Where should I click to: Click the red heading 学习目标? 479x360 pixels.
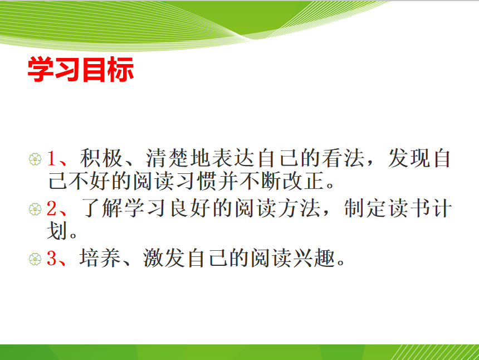81,69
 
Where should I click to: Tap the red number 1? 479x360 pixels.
52,159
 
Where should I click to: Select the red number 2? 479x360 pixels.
52,208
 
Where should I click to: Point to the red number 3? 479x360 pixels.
52,258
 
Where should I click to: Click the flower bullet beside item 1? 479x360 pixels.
35,159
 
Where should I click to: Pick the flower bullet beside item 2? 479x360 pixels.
35,210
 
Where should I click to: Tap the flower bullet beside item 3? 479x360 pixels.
35,259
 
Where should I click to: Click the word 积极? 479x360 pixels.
101,158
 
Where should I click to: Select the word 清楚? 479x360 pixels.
168,158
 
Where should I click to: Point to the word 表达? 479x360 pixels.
233,158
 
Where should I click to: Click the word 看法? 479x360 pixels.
343,158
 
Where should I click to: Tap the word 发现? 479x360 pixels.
409,158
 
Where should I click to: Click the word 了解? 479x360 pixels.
101,208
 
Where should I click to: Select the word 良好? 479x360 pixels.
189,208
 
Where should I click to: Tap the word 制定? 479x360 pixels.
366,208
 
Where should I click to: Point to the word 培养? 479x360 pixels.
100,258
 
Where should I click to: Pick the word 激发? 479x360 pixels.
164,258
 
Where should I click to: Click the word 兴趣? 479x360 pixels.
315,258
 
